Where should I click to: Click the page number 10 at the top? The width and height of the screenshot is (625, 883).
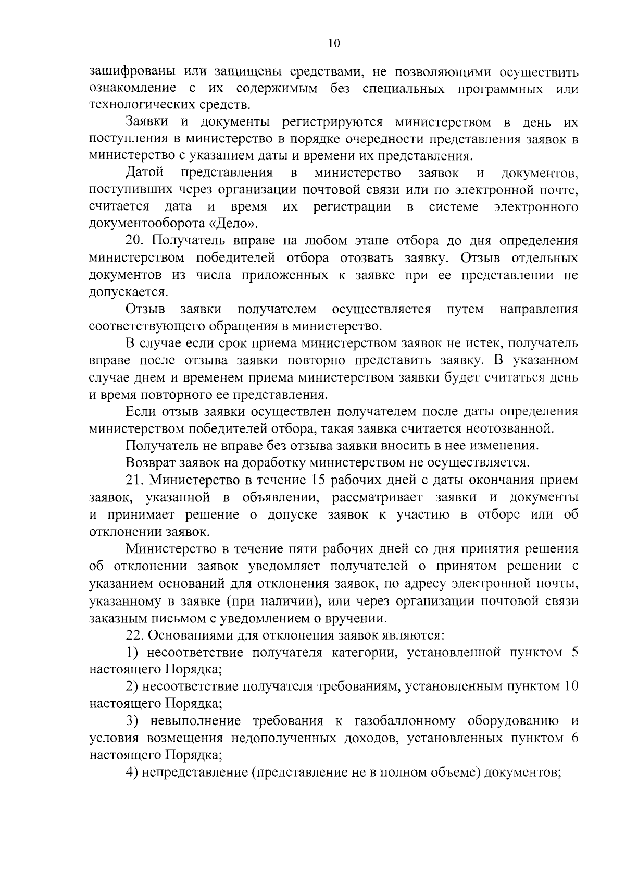point(334,44)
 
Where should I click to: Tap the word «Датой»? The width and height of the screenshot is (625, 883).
point(144,173)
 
